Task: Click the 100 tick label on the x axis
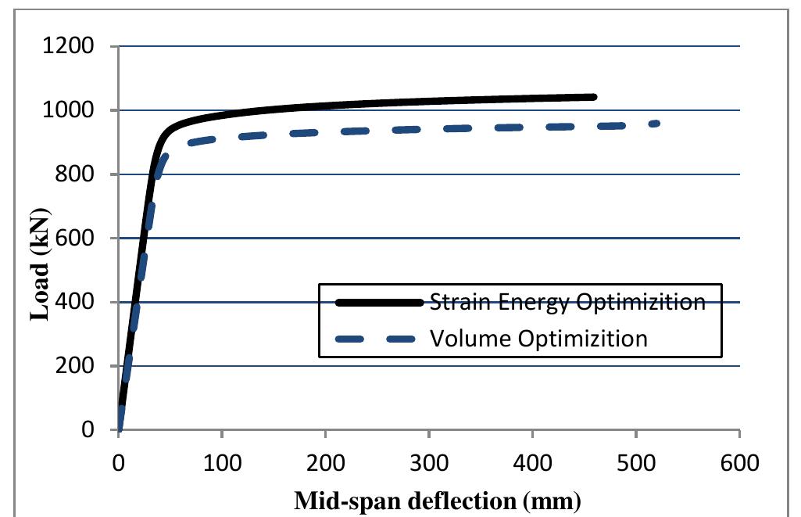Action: (x=222, y=463)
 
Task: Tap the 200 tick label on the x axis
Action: (x=325, y=463)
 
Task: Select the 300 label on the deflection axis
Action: (x=429, y=463)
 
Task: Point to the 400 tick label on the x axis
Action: (x=532, y=463)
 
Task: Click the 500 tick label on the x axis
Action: (x=636, y=463)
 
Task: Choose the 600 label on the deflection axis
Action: (x=739, y=463)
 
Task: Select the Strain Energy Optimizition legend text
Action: (x=567, y=303)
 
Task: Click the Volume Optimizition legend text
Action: (x=538, y=339)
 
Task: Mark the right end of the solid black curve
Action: (x=595, y=97)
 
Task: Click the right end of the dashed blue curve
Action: (x=658, y=124)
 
